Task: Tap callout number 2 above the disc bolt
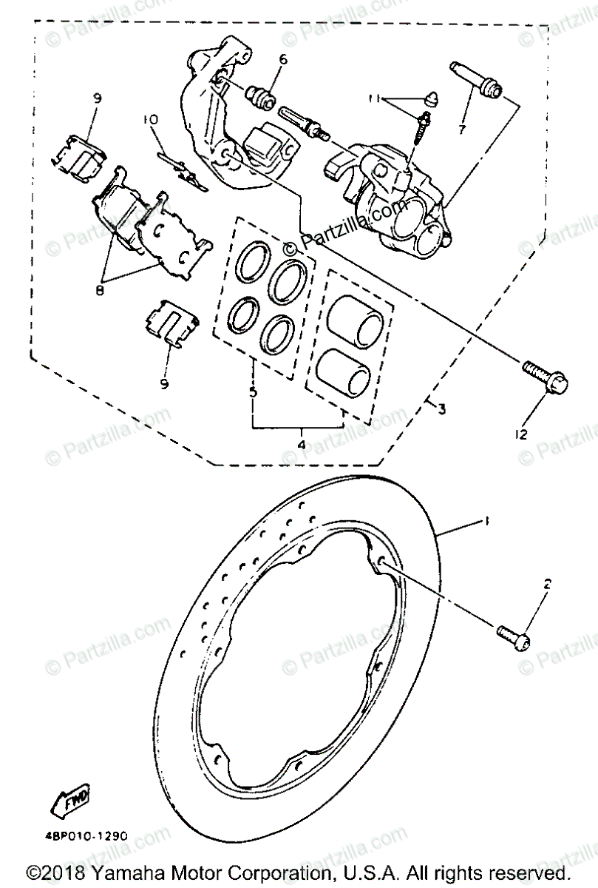point(547,584)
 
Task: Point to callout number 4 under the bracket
point(301,445)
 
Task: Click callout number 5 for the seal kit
point(254,392)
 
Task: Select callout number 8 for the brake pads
point(101,290)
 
